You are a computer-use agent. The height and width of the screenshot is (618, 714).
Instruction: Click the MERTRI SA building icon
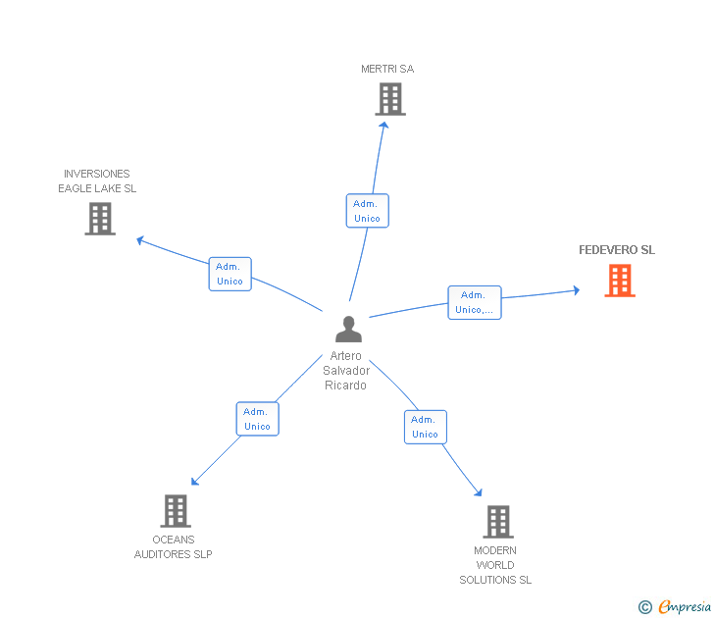[390, 99]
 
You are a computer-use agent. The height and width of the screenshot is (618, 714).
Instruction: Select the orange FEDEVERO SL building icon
[620, 281]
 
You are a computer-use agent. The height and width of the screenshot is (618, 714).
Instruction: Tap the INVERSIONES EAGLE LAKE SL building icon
[100, 219]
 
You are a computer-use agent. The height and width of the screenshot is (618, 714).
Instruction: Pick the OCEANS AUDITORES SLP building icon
[176, 511]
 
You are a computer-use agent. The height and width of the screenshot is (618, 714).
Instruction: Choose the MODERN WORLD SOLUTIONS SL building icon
[498, 522]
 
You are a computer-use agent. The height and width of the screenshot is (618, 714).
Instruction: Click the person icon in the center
[348, 329]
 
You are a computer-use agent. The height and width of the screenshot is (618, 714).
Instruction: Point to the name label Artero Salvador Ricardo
[346, 370]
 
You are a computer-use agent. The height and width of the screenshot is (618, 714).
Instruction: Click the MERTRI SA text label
[387, 69]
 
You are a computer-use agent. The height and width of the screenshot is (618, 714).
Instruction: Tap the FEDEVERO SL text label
[617, 249]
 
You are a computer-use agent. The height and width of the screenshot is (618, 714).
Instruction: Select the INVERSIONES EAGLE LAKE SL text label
[97, 180]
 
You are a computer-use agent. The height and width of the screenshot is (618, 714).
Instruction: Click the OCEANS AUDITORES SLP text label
[173, 547]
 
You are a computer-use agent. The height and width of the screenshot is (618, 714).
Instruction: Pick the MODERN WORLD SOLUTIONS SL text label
[495, 565]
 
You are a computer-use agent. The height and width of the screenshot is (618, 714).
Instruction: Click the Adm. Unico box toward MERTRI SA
[368, 210]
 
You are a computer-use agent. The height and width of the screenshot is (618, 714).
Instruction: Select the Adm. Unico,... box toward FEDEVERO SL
[475, 302]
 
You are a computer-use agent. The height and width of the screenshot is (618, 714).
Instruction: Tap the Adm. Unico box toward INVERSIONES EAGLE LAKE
[229, 274]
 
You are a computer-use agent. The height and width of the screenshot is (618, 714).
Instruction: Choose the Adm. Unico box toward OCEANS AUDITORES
[257, 419]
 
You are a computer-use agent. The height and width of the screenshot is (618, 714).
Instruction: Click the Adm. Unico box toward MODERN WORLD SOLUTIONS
[426, 427]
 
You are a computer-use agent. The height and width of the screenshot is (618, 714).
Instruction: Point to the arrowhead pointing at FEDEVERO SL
[577, 290]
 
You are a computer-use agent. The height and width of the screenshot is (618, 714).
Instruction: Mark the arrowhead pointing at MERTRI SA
[384, 125]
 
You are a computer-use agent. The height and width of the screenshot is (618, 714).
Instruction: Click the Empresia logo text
[685, 606]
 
